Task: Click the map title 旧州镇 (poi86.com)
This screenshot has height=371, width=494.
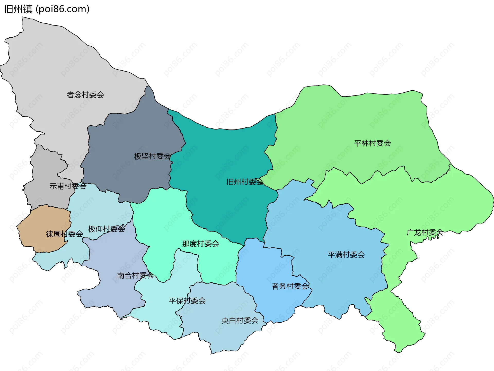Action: point(47,9)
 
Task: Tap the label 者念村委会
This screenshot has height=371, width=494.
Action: point(85,95)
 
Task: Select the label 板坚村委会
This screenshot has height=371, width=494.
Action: point(152,156)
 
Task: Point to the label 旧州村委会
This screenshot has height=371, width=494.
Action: point(245,182)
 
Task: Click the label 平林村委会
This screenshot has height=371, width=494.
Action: point(373,143)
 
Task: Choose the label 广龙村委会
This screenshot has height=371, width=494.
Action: point(425,232)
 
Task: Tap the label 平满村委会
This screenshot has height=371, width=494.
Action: point(346,255)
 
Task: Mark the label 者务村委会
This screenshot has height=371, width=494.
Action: point(290,286)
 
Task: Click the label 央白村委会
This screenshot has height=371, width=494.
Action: point(240,321)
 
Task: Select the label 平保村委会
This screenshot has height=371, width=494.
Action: point(187,300)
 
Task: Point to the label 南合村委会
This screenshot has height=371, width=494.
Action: point(135,275)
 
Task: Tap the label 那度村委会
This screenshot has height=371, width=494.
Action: point(201,244)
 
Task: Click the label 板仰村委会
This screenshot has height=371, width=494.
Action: point(107,229)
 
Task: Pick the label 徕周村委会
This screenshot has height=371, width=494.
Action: point(64,234)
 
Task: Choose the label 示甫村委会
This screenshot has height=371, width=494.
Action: point(68,186)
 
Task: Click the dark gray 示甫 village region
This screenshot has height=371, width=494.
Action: point(46,167)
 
